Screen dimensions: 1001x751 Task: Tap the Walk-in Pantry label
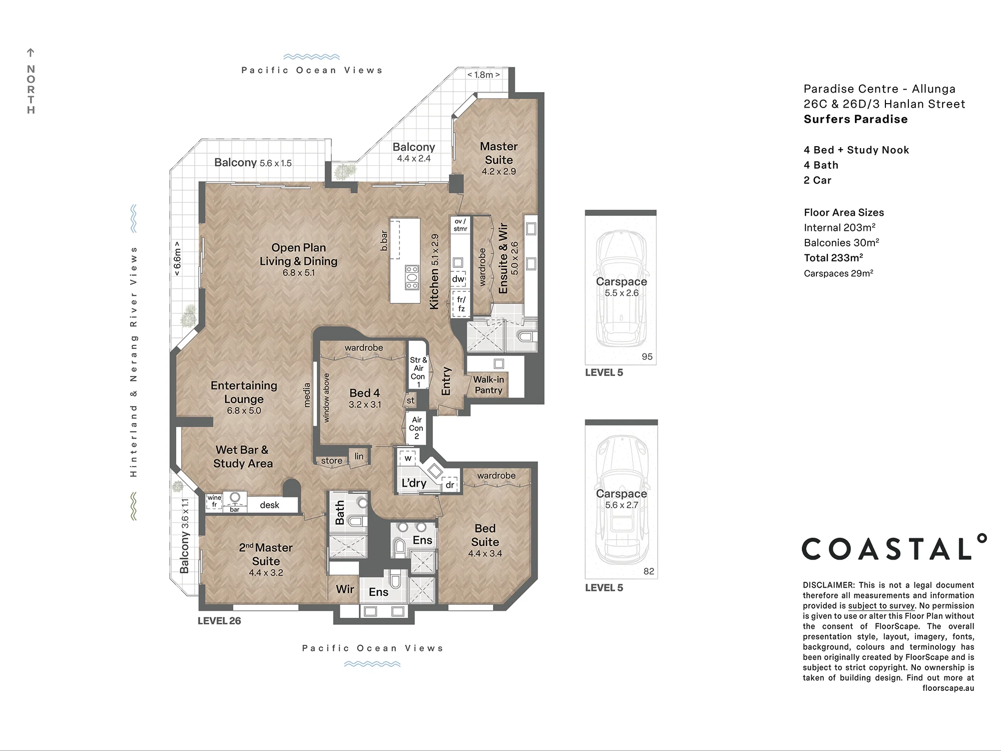(488, 385)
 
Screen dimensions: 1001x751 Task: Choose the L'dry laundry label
(414, 483)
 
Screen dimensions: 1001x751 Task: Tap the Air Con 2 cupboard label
(416, 428)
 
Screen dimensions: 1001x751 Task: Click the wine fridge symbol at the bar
(214, 502)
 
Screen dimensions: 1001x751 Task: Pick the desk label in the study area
(269, 505)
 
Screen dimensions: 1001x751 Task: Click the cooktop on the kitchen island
(412, 277)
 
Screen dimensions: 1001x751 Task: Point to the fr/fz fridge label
(461, 304)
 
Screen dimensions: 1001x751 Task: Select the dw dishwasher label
(458, 279)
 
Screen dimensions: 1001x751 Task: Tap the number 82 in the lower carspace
(649, 571)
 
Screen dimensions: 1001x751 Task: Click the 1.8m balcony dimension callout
(483, 75)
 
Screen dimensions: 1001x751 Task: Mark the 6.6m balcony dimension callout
(177, 258)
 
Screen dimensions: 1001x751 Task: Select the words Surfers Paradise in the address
(855, 119)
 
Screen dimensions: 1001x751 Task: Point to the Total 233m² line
(833, 258)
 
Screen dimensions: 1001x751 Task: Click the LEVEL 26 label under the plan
(219, 621)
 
